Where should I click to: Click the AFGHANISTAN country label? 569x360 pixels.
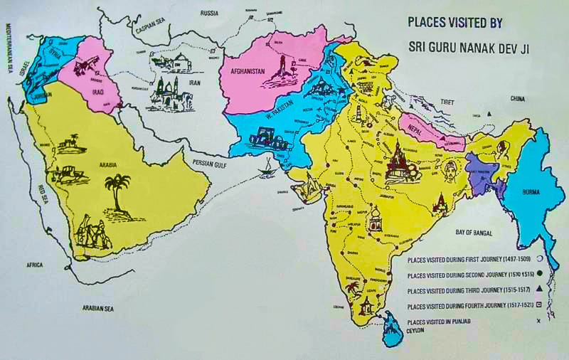[x=245, y=71]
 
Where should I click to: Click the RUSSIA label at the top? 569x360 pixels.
[x=209, y=13]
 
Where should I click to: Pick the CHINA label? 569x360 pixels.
[x=517, y=98]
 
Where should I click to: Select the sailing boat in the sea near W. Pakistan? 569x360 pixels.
[x=268, y=168]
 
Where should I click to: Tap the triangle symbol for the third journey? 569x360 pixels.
[x=538, y=290]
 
